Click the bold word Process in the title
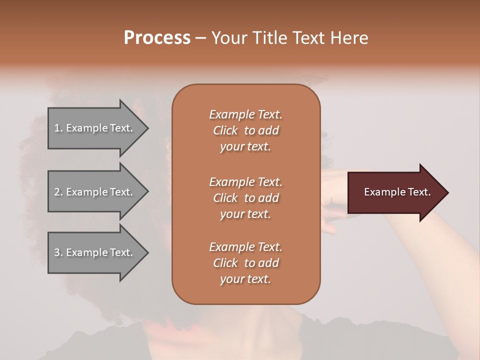click(x=157, y=38)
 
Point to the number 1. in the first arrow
click(x=58, y=128)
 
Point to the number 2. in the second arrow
click(x=58, y=192)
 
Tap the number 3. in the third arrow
click(x=58, y=253)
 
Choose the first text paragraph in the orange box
click(x=245, y=130)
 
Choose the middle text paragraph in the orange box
click(x=245, y=198)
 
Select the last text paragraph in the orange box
click(x=245, y=263)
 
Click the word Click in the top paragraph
click(x=225, y=131)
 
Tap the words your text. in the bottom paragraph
click(x=245, y=279)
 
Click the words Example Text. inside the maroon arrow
click(x=397, y=192)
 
